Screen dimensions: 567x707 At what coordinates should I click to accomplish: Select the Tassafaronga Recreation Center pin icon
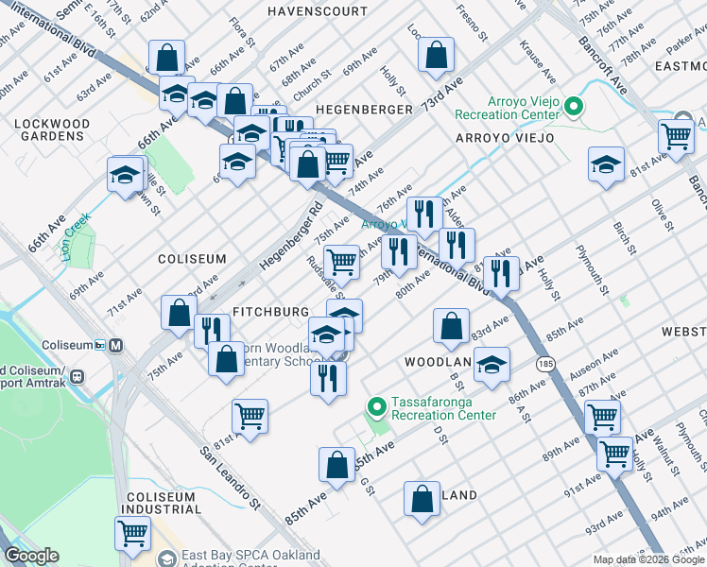click(376, 408)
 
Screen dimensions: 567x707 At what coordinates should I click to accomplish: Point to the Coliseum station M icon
click(116, 346)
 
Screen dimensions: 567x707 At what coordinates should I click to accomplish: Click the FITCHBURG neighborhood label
click(271, 312)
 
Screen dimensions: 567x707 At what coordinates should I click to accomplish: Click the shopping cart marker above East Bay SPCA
click(132, 532)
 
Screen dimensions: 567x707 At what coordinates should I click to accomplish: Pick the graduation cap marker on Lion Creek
click(126, 176)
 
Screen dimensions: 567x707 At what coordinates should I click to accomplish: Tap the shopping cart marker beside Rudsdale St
click(341, 262)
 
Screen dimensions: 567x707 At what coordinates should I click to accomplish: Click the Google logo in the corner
click(32, 556)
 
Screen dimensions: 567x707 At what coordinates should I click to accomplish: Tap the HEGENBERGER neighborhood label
click(364, 110)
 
